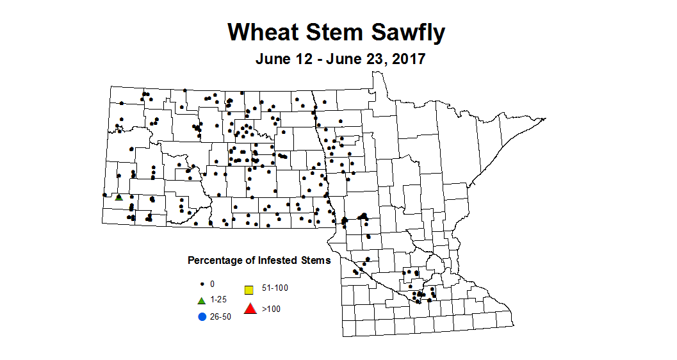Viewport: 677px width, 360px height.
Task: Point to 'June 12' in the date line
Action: (283, 60)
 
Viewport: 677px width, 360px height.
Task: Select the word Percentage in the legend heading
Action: (213, 261)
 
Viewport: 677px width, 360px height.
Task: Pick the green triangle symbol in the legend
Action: (202, 300)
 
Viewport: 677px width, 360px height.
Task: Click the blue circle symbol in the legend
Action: (202, 316)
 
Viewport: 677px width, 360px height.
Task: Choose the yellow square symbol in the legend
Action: (249, 289)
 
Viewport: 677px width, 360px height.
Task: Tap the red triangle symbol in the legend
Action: (250, 309)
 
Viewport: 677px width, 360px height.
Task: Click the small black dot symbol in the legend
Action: (202, 283)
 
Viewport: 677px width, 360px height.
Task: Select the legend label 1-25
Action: (219, 300)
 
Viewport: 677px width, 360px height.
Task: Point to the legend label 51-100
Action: (275, 288)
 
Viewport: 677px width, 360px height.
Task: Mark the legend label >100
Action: (271, 309)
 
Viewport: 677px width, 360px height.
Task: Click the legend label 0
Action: (212, 283)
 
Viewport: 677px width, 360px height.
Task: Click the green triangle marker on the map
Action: (118, 197)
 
